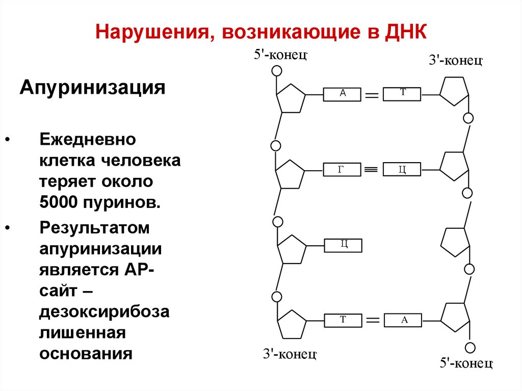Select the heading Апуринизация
click(92, 87)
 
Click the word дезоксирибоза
click(105, 311)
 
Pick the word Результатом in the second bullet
click(95, 228)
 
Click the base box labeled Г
click(342, 169)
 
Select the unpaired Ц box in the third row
click(344, 245)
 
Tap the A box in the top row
click(343, 94)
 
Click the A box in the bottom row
click(404, 321)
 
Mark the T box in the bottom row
click(344, 321)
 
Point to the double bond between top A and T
click(372, 95)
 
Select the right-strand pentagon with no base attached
click(454, 241)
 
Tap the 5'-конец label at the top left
click(280, 55)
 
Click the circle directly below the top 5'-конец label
click(276, 71)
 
